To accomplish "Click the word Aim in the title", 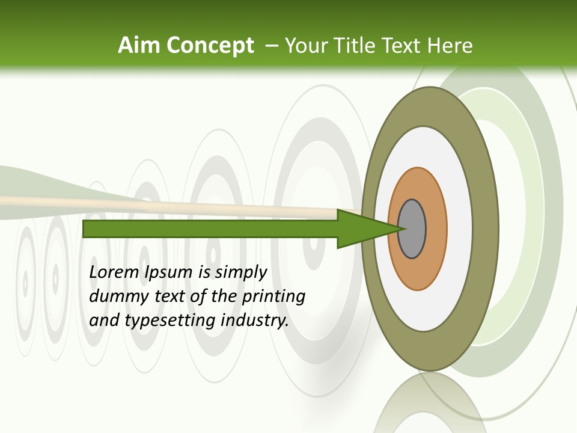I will coord(139,45).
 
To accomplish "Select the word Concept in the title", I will coord(210,45).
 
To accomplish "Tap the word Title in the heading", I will coord(356,45).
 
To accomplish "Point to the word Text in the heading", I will coord(403,45).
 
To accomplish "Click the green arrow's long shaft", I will coord(210,229).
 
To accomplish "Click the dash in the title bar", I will coord(271,45).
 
